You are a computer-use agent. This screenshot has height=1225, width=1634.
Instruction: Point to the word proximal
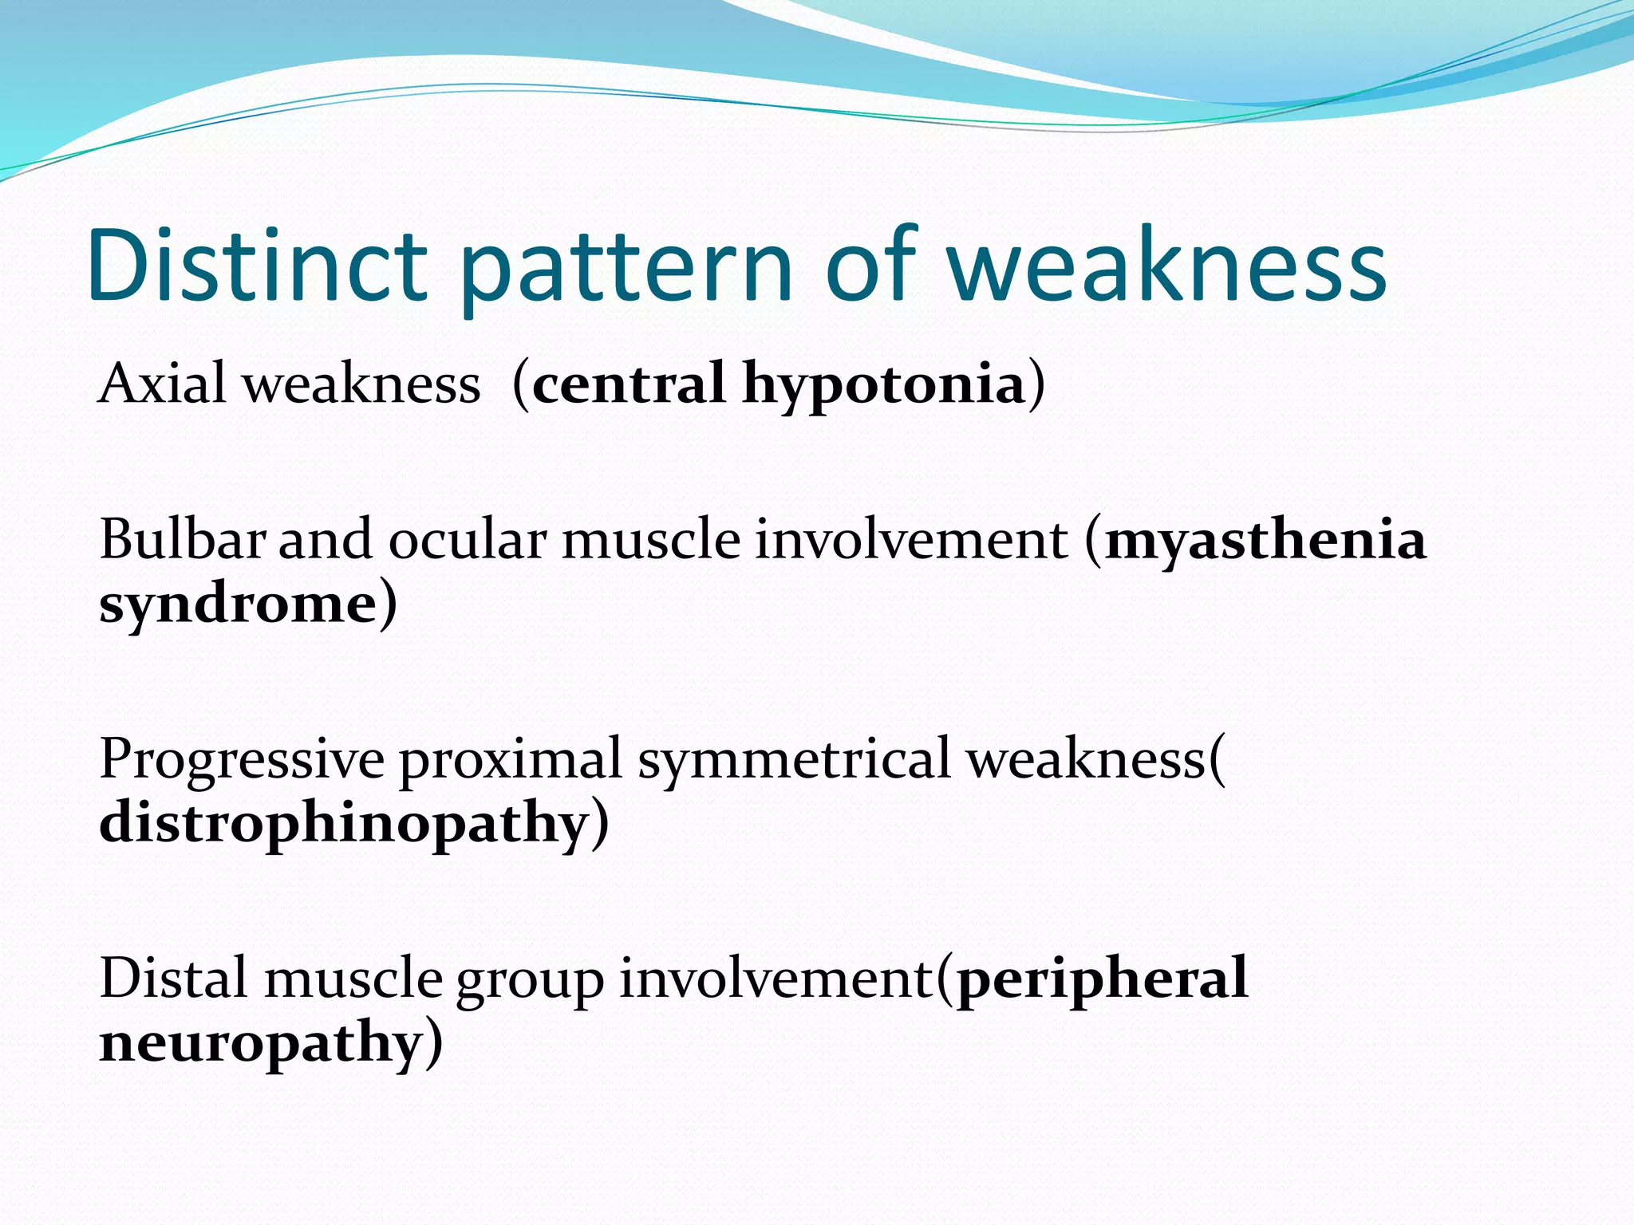coord(510,761)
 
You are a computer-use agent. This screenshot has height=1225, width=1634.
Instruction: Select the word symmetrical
coord(794,761)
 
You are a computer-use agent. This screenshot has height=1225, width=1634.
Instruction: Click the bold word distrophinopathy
coord(344,825)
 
